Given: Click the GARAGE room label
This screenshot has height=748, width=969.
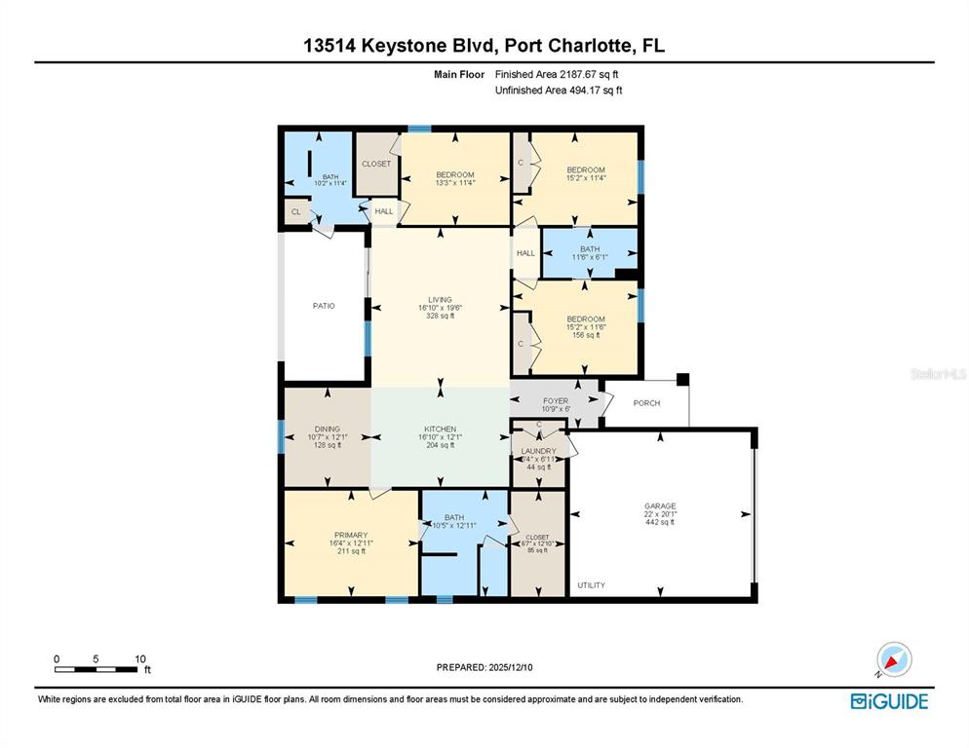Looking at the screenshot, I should point(660,505).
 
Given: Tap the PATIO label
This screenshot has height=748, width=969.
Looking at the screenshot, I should point(324,306).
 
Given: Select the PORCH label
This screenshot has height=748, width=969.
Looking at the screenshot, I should point(646,403).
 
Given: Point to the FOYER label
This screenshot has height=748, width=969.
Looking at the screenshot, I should point(556,400).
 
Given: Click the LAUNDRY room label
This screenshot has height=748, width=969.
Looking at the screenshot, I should point(538,451).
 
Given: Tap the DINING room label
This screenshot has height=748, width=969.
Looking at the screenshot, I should point(327,429).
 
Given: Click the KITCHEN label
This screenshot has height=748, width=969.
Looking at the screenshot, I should point(441,429).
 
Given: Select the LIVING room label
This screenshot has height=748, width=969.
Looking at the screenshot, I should point(441,299).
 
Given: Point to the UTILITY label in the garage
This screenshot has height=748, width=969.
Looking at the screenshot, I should point(591,585).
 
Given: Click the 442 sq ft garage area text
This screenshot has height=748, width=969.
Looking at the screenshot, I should point(660,523).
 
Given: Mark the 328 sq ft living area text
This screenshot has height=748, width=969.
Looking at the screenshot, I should point(441,316).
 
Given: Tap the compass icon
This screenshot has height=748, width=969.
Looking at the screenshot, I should point(893,660).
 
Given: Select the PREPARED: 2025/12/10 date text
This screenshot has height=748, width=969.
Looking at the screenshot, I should point(484,667).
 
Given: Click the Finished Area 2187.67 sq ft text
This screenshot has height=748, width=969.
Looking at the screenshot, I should point(558,74).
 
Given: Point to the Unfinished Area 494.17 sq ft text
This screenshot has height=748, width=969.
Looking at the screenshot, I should point(559,91).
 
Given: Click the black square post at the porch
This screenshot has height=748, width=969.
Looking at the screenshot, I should point(683,379).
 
